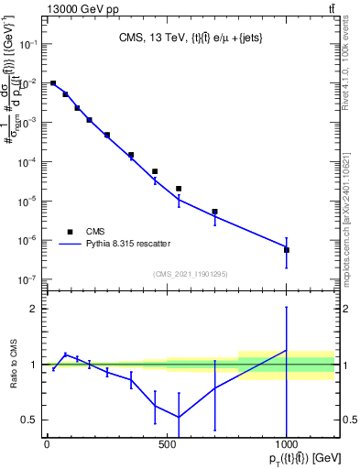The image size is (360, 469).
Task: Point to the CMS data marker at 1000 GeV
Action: tap(287, 249)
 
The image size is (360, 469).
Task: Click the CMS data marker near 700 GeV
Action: tap(214, 212)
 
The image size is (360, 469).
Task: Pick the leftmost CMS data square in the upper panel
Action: tap(53, 83)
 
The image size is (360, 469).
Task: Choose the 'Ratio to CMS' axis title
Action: tap(16, 365)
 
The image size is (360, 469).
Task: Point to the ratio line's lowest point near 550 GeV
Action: tap(179, 417)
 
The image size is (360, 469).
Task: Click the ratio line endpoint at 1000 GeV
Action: tap(287, 350)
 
